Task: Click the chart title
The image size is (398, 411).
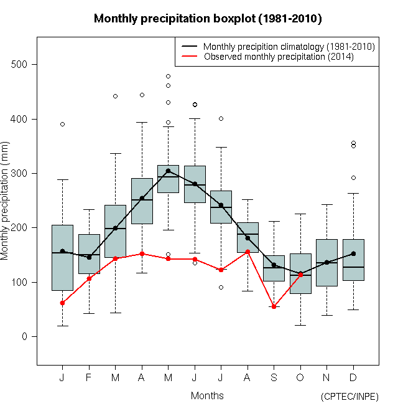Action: pos(208,19)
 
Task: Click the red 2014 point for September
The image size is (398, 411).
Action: pos(274,306)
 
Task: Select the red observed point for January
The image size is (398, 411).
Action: pos(62,303)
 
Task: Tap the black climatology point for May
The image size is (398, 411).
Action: pos(168,171)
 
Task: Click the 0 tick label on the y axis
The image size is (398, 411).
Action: pos(24,337)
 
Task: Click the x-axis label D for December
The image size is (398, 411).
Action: pos(353,378)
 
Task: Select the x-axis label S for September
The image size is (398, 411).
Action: pos(274,378)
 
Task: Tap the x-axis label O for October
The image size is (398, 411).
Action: pos(300,378)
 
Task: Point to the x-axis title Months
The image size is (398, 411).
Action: pos(207,395)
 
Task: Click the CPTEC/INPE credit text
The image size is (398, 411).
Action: pos(349,397)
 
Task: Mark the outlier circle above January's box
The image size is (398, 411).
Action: pos(62,125)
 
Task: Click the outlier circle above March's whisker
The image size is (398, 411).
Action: pos(115,97)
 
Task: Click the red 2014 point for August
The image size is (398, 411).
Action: pos(248,252)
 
